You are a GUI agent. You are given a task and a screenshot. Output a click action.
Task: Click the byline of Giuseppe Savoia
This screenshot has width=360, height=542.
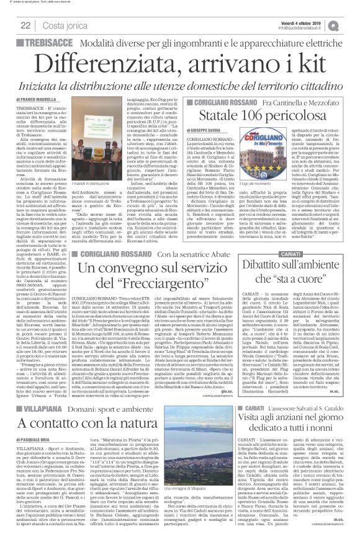click(223, 131)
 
